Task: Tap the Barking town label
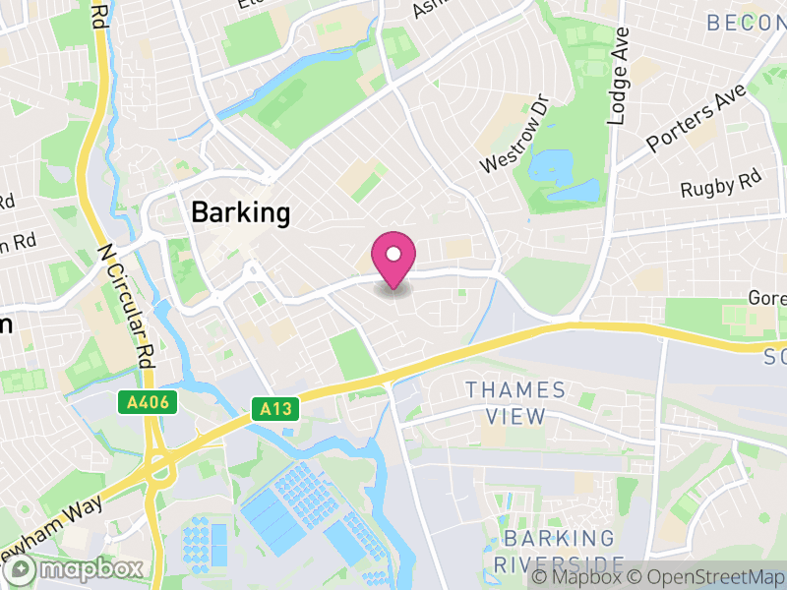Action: click(241, 212)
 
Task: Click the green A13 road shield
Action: click(276, 407)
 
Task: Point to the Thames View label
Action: click(515, 403)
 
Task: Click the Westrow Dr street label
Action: click(513, 135)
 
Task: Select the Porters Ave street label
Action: click(696, 120)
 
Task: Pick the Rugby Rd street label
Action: click(722, 184)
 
